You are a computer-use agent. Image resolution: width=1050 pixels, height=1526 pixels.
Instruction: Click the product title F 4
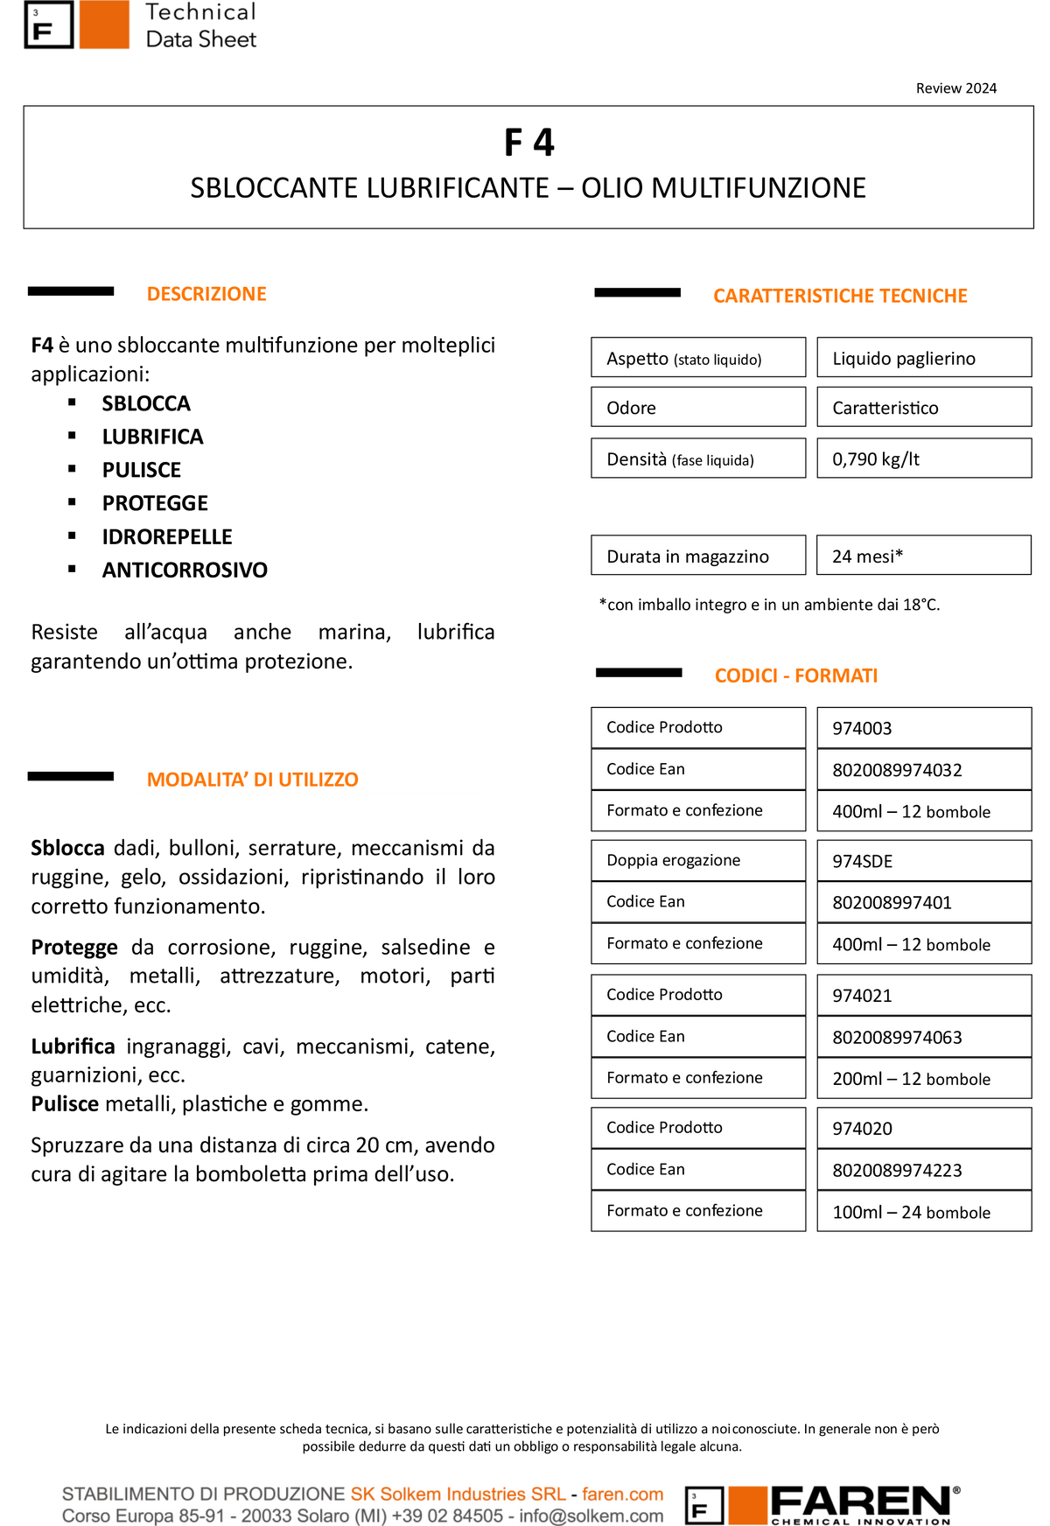click(528, 143)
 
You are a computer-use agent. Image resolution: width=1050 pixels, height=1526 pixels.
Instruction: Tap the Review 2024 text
click(956, 88)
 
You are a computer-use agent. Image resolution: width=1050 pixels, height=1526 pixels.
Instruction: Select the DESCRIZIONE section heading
click(206, 294)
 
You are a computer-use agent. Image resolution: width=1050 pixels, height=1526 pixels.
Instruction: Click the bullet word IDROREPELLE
click(167, 536)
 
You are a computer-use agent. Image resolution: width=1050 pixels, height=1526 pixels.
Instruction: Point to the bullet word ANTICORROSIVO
click(185, 570)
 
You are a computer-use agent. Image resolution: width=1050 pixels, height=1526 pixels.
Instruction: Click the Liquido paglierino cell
click(924, 358)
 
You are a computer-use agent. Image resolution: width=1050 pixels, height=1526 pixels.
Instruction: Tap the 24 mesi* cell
click(924, 556)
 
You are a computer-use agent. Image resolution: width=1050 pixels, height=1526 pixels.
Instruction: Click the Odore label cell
click(698, 408)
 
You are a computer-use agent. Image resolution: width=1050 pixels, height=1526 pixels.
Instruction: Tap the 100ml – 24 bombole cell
click(924, 1212)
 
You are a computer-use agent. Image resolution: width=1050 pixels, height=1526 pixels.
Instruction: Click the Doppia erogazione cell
click(698, 860)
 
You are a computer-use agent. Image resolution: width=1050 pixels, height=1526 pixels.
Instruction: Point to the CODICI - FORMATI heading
click(796, 675)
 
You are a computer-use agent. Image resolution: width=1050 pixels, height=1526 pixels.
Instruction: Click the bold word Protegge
click(74, 948)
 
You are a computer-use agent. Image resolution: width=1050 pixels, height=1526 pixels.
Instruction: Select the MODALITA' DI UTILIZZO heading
click(253, 780)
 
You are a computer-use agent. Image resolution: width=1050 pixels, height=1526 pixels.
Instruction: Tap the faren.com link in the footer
click(623, 1494)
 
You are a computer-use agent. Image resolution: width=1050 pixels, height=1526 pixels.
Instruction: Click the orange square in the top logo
click(104, 24)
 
